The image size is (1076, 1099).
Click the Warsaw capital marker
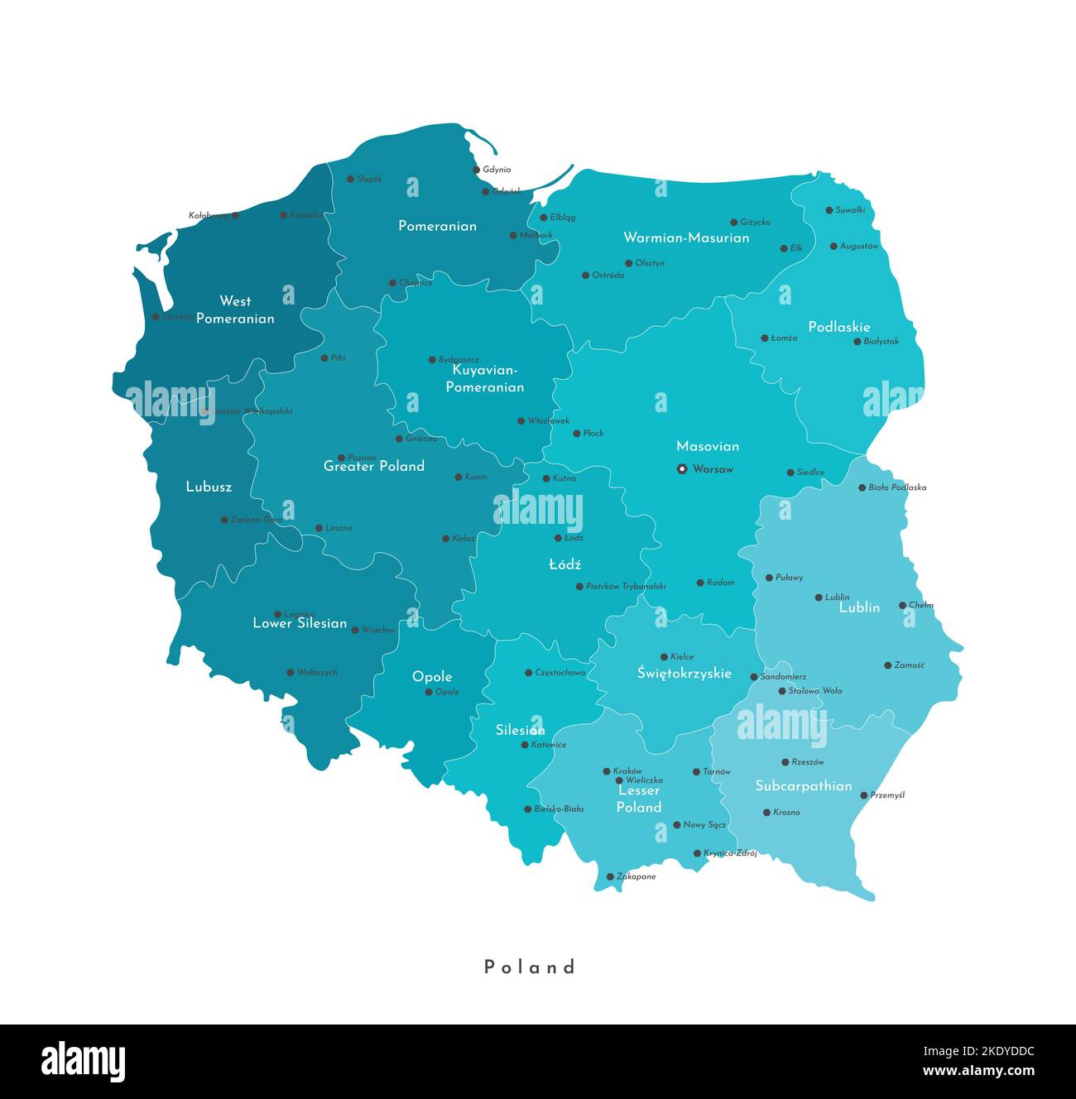click(x=682, y=469)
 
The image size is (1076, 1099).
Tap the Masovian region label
click(x=708, y=446)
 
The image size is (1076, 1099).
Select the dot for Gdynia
click(x=477, y=170)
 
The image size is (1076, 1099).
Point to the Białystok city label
click(x=881, y=341)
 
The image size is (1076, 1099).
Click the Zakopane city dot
click(x=610, y=876)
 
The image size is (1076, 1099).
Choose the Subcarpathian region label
click(x=803, y=785)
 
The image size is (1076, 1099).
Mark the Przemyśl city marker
click(x=863, y=795)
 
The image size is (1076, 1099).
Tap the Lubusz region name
click(x=209, y=487)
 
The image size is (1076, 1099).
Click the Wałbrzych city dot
click(x=291, y=673)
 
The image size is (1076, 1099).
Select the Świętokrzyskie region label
click(x=684, y=673)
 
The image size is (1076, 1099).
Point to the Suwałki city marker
click(x=829, y=210)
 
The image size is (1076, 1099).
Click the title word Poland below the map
click(x=530, y=967)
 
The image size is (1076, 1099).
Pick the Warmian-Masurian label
click(x=686, y=238)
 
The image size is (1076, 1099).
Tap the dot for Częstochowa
click(x=529, y=673)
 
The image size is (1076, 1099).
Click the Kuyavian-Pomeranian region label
click(x=484, y=378)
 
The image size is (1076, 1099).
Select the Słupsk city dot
click(x=350, y=179)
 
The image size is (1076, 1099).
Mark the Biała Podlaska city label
click(x=897, y=487)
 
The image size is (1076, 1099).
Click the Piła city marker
click(x=324, y=358)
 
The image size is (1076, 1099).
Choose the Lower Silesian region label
click(x=300, y=623)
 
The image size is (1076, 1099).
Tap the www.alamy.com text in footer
click(x=978, y=1071)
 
